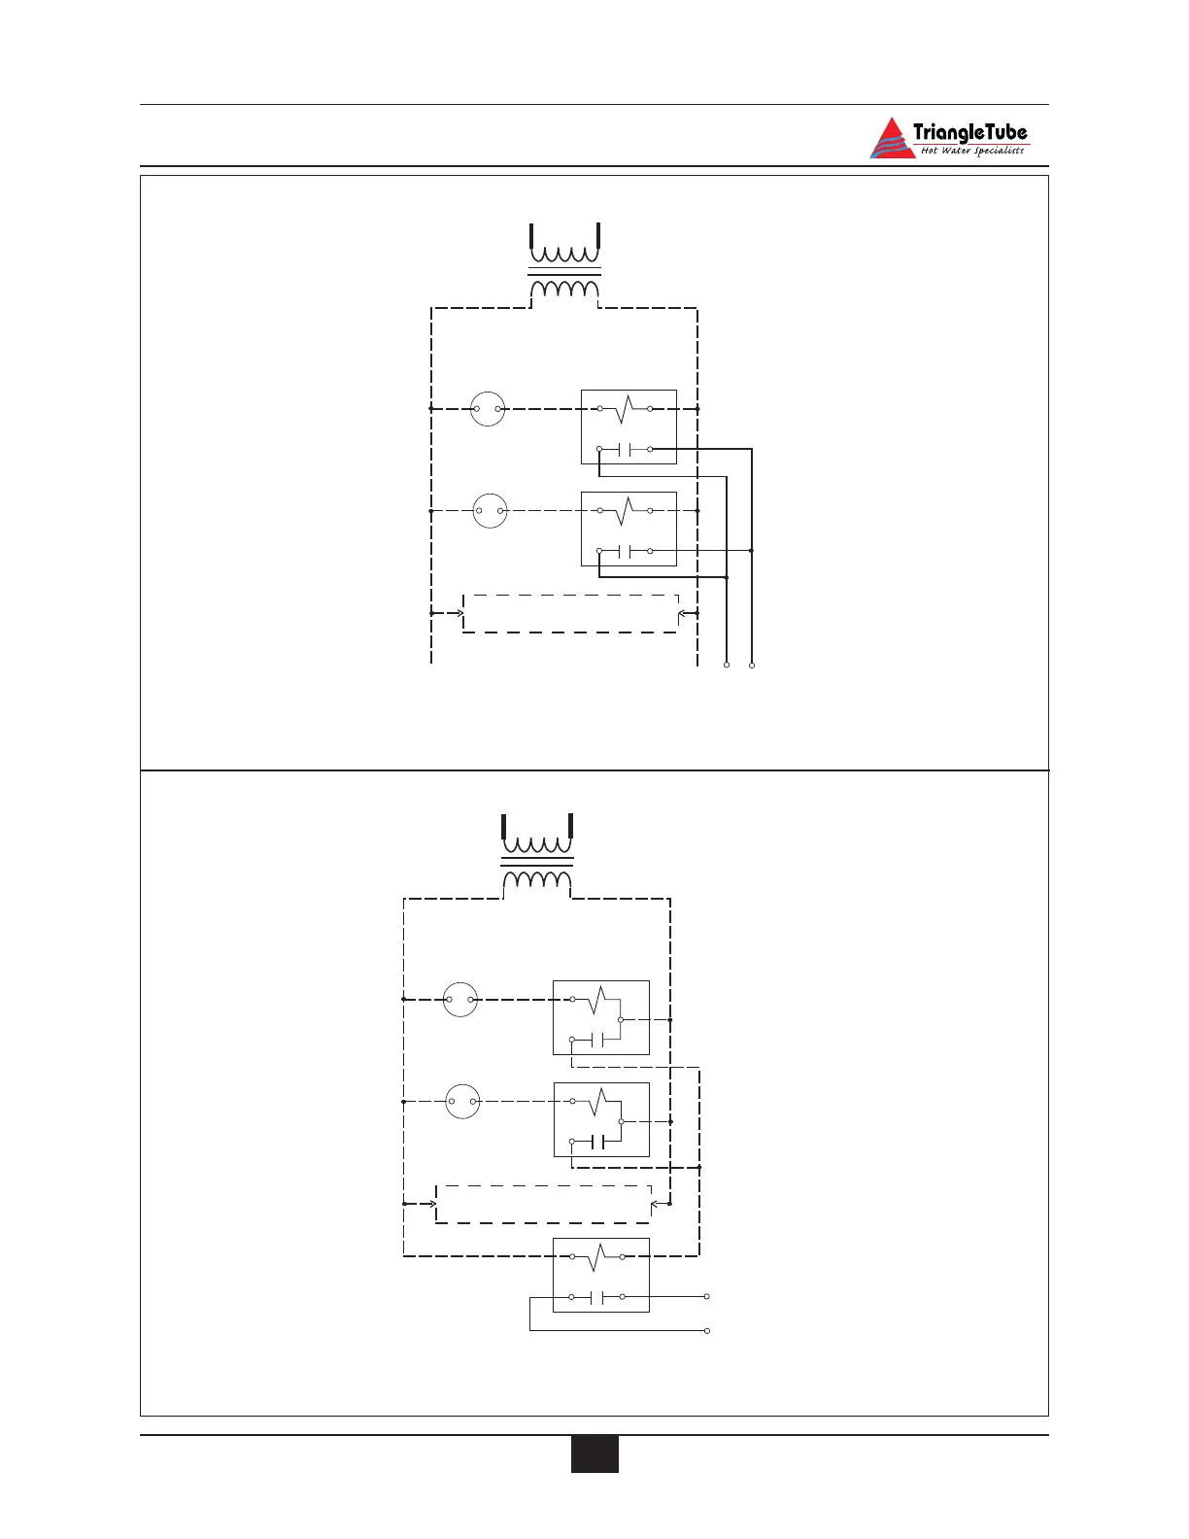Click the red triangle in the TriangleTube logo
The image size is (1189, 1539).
(892, 141)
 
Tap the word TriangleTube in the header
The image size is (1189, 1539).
(969, 132)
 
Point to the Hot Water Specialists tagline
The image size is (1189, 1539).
(971, 151)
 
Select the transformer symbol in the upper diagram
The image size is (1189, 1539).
(564, 266)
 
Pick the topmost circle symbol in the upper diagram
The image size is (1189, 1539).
(488, 409)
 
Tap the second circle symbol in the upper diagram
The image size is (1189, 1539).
(491, 510)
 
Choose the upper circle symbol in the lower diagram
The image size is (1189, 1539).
(460, 999)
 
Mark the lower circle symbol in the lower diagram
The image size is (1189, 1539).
(463, 1102)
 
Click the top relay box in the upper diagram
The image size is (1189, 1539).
(628, 427)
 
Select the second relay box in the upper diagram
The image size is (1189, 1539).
(628, 529)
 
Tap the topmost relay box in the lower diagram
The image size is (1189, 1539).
(601, 1017)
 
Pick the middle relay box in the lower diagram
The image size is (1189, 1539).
(601, 1119)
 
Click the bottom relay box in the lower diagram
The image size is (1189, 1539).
(601, 1275)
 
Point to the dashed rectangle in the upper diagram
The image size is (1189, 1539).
(570, 613)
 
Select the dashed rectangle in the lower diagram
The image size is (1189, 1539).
(543, 1204)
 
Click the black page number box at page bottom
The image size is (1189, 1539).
(594, 1454)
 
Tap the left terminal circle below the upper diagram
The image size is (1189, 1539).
(727, 666)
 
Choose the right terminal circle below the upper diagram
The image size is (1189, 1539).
(752, 666)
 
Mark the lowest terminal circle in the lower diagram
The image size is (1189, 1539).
(707, 1330)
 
